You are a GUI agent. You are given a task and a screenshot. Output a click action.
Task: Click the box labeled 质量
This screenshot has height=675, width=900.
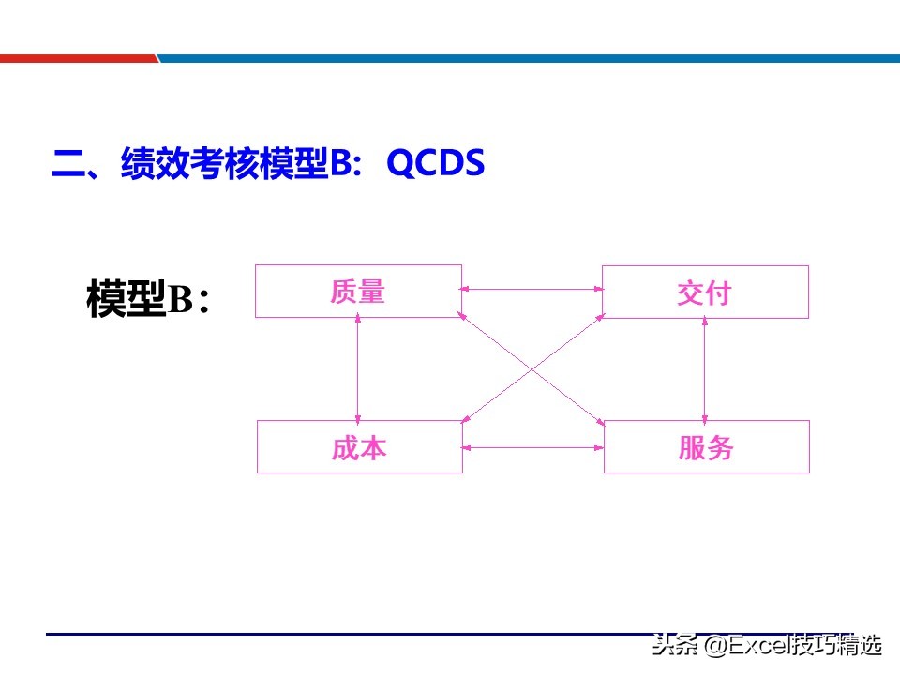358,292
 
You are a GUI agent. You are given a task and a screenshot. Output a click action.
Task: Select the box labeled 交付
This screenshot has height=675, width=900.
705,292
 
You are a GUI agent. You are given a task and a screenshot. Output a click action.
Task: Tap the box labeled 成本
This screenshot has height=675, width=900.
359,447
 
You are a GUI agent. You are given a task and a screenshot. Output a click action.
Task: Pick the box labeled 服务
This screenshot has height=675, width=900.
706,447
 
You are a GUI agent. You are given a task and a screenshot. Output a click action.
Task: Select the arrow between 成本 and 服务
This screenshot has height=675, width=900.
532,447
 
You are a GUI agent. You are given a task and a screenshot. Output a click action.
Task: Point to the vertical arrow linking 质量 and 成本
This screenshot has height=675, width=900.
358,368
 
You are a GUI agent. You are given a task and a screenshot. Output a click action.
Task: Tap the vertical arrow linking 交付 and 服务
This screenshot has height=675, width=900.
705,368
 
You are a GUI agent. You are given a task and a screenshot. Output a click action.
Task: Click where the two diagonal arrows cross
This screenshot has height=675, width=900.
532,369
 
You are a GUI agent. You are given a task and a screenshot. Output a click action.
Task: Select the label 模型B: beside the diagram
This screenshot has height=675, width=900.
148,298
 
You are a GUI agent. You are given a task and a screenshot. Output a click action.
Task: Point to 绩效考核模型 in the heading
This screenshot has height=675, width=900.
225,164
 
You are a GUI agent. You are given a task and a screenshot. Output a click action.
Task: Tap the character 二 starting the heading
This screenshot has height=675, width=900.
67,166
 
